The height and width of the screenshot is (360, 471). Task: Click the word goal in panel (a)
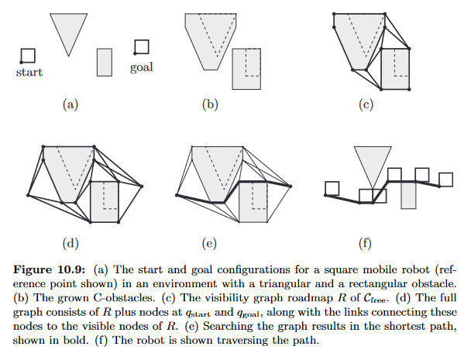[x=141, y=67]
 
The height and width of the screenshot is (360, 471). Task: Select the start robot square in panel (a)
[x=28, y=55]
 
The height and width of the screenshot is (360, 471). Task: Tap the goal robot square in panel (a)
[x=141, y=48]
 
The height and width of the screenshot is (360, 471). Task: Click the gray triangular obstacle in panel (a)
[x=67, y=29]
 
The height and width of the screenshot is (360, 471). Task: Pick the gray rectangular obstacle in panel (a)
[x=105, y=62]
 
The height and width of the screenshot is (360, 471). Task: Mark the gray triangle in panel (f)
[x=366, y=161]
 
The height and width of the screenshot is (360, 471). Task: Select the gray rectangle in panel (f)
[x=409, y=194]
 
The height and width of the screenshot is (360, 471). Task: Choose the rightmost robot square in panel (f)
[x=445, y=179]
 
